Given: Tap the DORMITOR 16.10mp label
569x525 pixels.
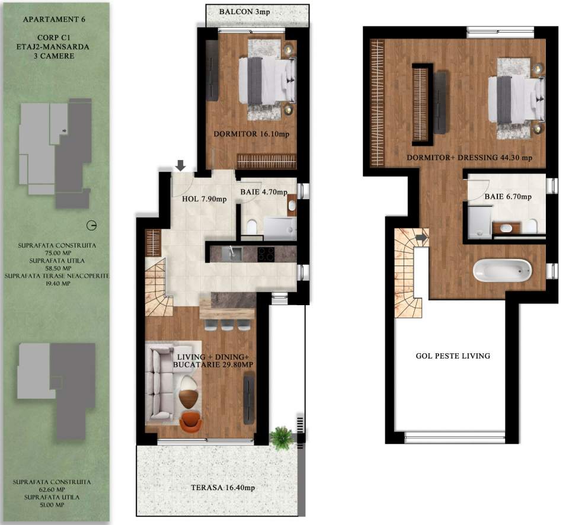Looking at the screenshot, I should [x=251, y=135].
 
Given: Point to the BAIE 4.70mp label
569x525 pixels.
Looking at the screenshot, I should [x=264, y=192].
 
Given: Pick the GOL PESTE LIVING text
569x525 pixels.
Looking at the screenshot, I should [x=452, y=356].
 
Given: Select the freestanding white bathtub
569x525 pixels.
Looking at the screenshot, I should [x=501, y=271].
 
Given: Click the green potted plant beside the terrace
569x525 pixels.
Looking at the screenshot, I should [x=281, y=438].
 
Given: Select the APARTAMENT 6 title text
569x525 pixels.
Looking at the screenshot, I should [x=54, y=19].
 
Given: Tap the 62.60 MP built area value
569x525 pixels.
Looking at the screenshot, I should [x=57, y=490].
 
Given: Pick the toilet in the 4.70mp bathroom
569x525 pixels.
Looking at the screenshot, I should [x=251, y=226].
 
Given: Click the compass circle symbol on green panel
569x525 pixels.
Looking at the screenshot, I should [x=91, y=225].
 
